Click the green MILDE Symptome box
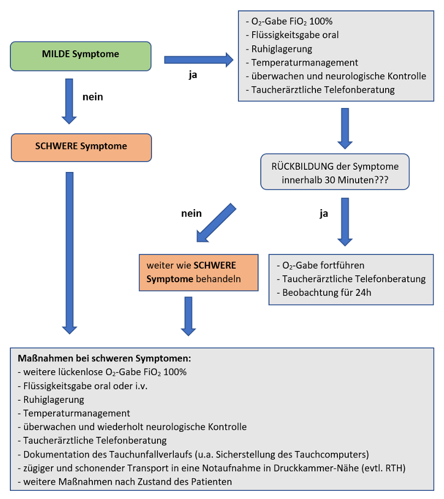point(81,55)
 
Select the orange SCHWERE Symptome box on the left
point(81,147)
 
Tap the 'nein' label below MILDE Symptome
point(93,97)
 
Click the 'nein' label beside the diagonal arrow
point(191,213)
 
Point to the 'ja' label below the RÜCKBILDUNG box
point(324,213)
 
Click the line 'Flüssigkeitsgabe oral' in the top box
point(295,35)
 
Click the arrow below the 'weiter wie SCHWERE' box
point(188,316)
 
